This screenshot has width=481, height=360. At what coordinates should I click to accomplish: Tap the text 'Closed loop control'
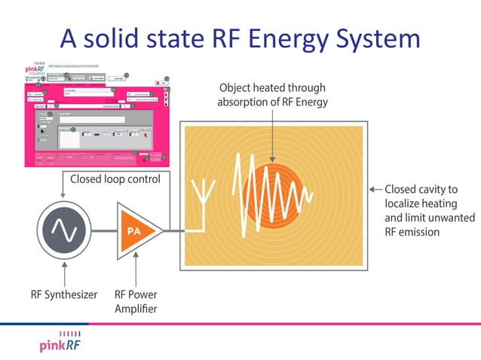113,179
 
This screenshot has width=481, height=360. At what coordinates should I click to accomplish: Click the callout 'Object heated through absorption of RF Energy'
273,95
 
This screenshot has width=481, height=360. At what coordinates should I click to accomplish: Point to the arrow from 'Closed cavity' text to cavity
374,189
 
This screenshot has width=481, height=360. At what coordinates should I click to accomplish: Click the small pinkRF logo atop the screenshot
33,69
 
